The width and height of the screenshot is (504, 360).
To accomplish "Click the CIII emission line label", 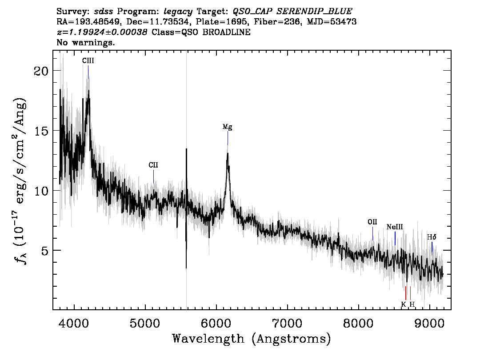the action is (x=88, y=61).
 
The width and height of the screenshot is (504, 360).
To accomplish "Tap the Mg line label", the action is (x=227, y=127).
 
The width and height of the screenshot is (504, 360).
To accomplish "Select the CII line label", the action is (x=153, y=165).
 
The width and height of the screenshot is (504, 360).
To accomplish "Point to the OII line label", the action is (x=372, y=222).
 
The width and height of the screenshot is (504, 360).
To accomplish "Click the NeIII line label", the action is (x=395, y=227).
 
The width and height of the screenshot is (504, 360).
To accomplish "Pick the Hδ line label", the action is (x=432, y=237).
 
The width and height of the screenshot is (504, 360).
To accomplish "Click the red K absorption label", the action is (x=404, y=304).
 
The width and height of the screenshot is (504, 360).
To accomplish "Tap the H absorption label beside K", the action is (x=412, y=304).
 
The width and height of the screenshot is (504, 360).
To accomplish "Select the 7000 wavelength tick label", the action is (x=287, y=323).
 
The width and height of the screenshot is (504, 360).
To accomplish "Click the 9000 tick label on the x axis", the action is (x=429, y=323).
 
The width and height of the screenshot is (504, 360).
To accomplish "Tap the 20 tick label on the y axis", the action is (x=41, y=71).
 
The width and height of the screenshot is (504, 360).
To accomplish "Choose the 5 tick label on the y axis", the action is (x=45, y=250).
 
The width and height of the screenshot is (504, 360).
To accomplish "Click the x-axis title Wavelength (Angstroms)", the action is (x=252, y=339).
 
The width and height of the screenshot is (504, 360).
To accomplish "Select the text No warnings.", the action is (x=85, y=42).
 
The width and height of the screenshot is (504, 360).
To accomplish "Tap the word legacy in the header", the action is (x=178, y=12).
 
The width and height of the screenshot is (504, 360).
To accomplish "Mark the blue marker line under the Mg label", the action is (x=228, y=138).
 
